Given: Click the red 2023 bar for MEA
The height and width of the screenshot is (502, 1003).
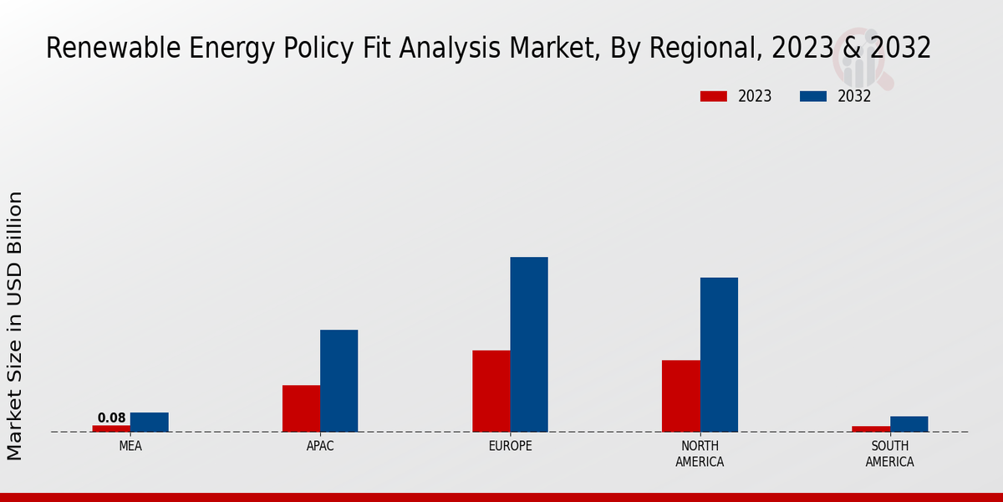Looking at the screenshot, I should pos(111,428).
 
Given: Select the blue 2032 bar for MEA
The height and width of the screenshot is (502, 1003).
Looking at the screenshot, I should pos(149,423).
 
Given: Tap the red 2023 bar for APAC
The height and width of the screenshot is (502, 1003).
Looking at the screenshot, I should pos(301,408).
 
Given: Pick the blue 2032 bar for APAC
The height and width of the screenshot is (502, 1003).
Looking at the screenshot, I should pos(339,381).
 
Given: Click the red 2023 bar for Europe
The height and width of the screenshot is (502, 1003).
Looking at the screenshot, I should pos(491,391).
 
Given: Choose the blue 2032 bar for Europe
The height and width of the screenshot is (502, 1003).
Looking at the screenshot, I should pos(529,344).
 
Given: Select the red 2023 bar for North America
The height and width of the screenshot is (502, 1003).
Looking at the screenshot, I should pos(681,396).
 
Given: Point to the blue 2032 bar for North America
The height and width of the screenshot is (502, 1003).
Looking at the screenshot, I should pos(719,355).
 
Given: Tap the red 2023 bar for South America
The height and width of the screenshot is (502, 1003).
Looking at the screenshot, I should pos(871,429).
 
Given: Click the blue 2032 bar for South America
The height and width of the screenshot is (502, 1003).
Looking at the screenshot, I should pos(909,424).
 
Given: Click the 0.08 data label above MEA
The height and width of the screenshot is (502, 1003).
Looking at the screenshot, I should pos(111,417).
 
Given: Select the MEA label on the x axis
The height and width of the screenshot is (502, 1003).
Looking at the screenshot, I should pos(130,447).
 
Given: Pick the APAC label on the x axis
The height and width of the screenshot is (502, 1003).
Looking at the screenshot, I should pos(320,447).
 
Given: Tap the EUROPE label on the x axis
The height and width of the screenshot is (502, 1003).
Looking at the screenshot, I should pos(510,447).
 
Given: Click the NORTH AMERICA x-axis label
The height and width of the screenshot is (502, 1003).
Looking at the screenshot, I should pos(700,454).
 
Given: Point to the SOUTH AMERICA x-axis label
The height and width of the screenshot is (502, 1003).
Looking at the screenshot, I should pos(889,454).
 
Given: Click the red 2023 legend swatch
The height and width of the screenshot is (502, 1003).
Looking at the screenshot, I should pos(714,96).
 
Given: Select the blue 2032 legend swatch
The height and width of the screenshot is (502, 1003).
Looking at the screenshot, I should pos(813,96).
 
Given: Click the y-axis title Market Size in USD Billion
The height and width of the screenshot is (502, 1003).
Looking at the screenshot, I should pos(15,325).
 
